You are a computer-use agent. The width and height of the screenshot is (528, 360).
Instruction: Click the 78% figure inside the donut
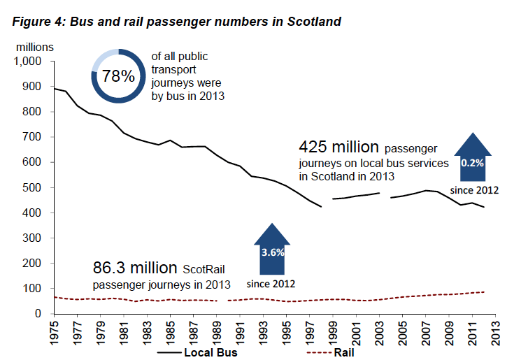coord(117,76)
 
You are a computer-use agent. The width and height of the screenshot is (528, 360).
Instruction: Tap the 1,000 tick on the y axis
coord(28,61)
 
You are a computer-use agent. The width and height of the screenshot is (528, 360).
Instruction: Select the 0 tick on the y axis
coord(39,313)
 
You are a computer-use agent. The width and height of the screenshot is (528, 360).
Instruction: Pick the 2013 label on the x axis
coord(495,331)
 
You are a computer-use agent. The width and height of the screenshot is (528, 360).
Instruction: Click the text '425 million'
coord(338,147)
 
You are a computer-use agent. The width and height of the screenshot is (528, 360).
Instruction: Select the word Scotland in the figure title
coord(313,22)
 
